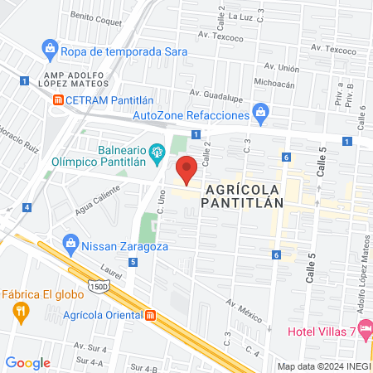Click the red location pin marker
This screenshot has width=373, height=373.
coord(186,170)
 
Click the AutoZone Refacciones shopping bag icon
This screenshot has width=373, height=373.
coord(261,111)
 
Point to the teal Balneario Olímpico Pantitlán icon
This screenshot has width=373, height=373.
coord(157,152)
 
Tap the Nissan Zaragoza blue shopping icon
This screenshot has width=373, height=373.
coord(71,245)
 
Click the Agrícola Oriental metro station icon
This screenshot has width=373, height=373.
coord(151,316)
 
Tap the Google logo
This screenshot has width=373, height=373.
coord(27,362)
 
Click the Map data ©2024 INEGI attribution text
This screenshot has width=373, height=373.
coord(324,366)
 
